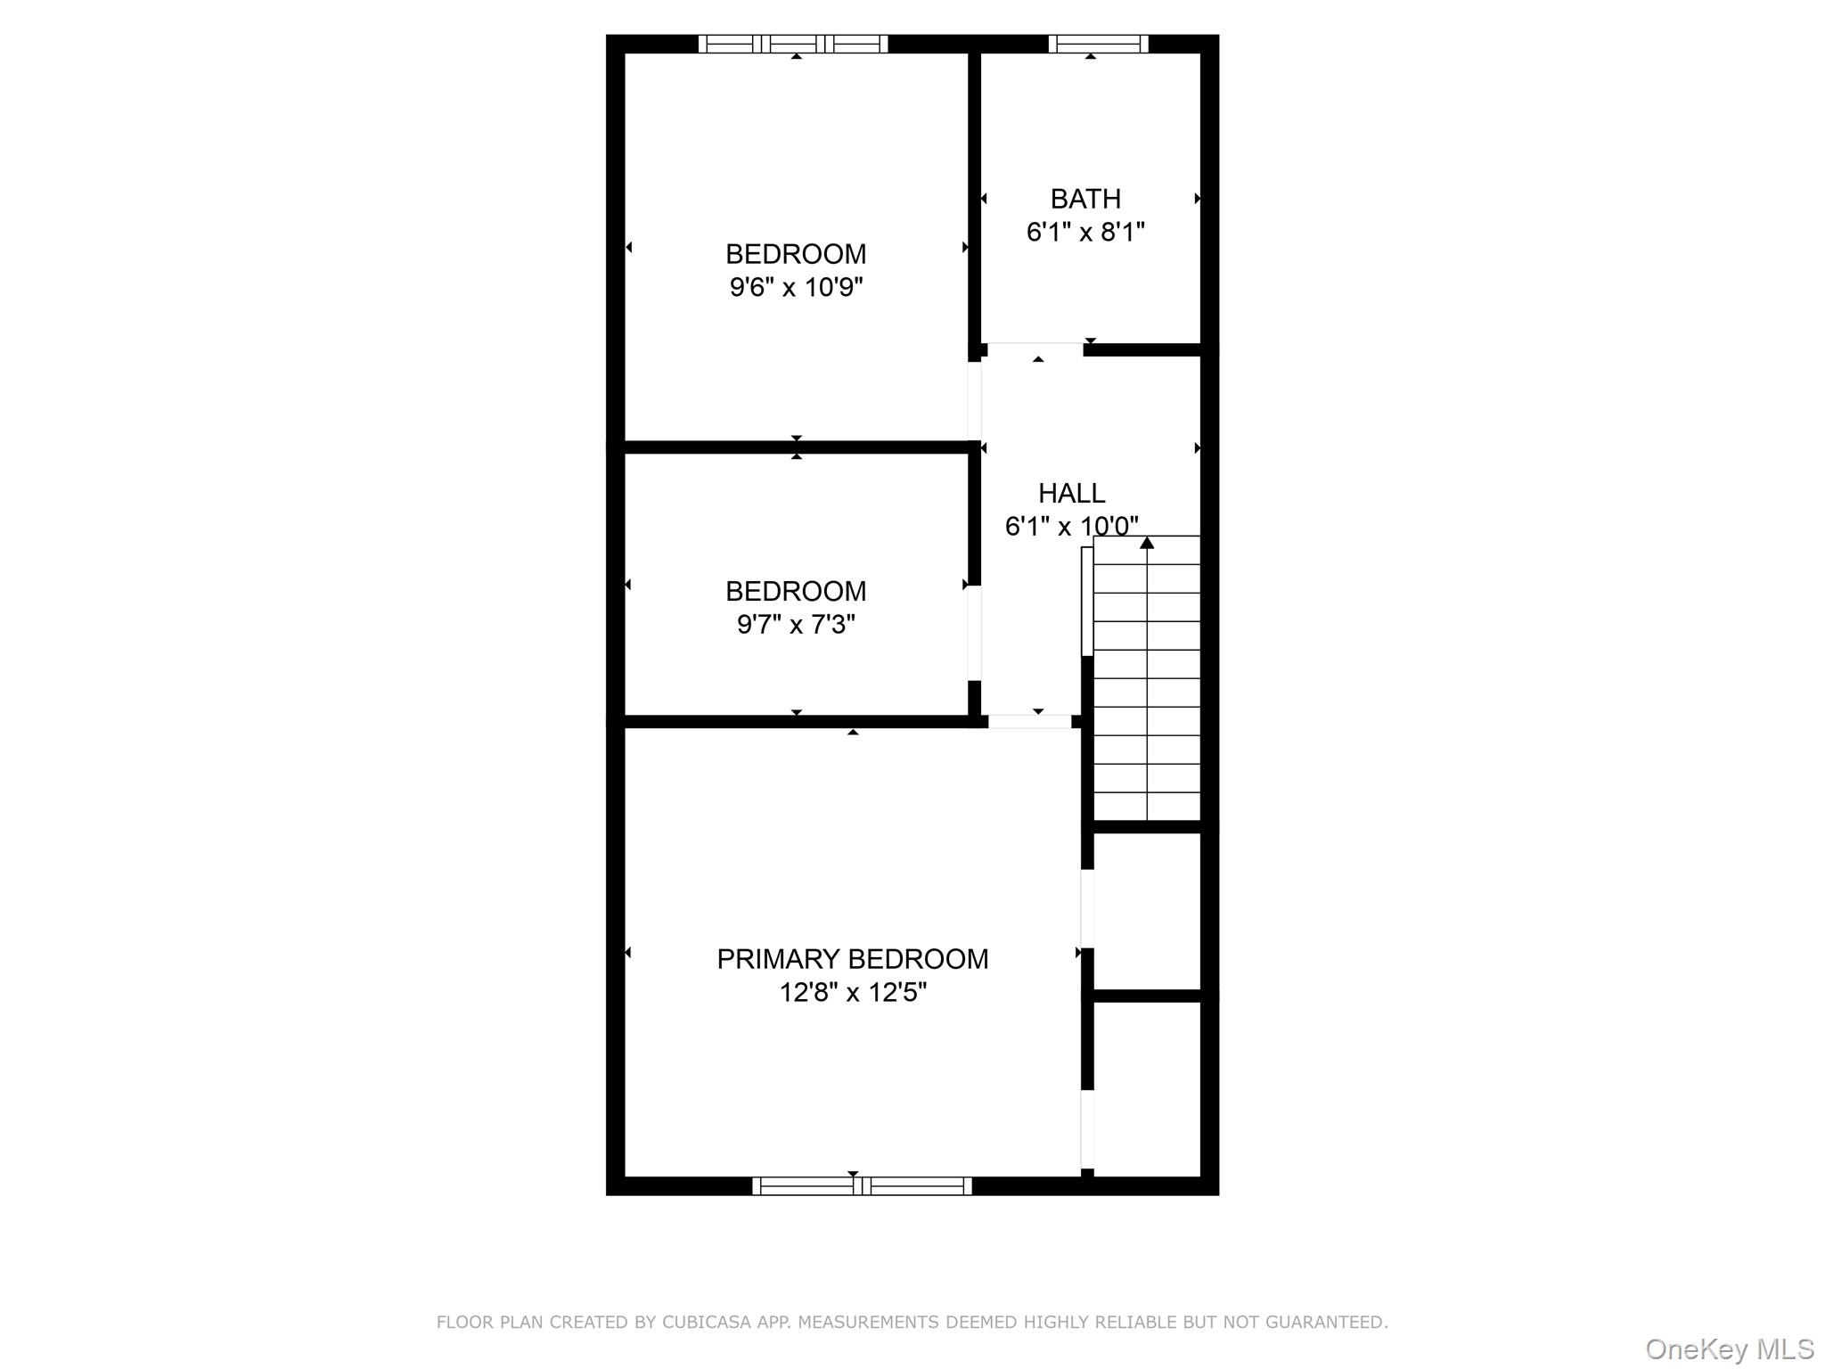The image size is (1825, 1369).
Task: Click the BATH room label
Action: [1085, 199]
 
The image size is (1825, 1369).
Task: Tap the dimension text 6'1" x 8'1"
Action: [1085, 233]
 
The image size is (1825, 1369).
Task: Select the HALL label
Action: [1071, 493]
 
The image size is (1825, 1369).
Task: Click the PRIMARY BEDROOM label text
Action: [853, 959]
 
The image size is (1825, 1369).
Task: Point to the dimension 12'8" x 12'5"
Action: [853, 993]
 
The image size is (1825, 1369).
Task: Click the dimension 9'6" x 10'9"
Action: [796, 288]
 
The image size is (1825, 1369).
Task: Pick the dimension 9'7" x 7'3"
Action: [796, 625]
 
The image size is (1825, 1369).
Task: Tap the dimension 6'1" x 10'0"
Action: [1071, 527]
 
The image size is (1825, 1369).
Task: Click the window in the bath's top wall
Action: [1098, 44]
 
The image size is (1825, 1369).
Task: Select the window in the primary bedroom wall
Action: [862, 1185]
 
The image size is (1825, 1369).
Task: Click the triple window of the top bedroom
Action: [793, 44]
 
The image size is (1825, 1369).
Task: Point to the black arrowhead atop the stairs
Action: [1147, 543]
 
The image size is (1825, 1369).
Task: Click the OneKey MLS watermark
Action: [1729, 1349]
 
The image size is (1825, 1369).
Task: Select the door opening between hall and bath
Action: [1035, 348]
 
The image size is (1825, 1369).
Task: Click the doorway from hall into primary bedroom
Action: [1030, 722]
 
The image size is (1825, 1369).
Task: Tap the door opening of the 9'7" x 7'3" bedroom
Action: [975, 633]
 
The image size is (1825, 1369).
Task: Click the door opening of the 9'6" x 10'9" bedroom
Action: [975, 400]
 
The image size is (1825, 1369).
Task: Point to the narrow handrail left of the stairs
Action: [1087, 601]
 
